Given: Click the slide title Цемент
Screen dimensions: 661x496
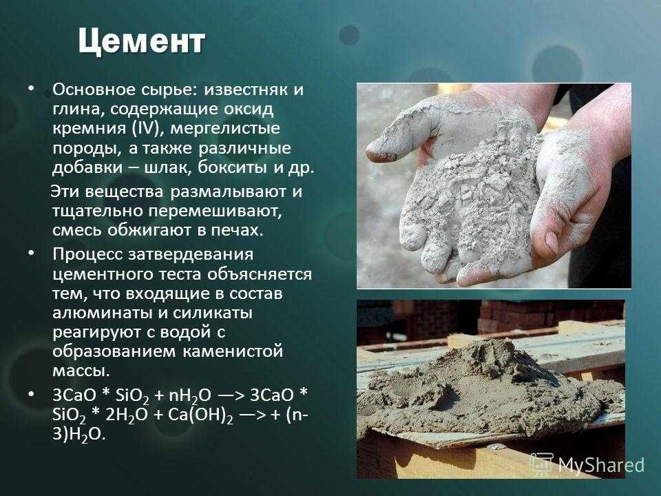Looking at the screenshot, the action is tap(142, 42).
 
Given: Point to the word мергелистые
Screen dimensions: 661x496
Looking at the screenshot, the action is tap(225, 129).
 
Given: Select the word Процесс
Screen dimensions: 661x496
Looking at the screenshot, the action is tap(87, 255).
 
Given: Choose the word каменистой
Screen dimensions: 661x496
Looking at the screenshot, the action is tap(233, 351).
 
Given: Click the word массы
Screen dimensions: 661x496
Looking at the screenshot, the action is tap(81, 372).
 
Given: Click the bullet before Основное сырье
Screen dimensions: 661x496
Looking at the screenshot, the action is tap(30, 89).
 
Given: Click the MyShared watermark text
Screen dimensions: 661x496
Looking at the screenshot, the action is tap(600, 465).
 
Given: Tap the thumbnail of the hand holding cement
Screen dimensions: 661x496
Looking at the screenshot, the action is tap(494, 185).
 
